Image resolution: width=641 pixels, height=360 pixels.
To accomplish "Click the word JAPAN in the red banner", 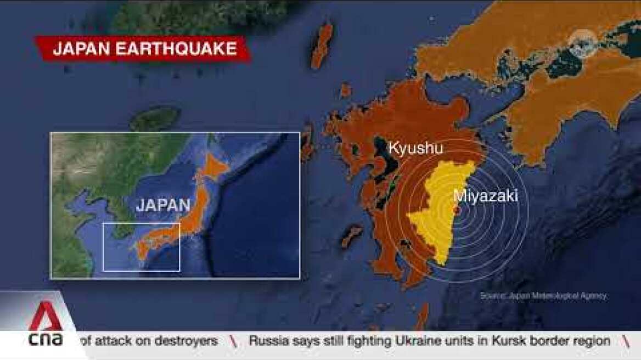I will coord(80,49).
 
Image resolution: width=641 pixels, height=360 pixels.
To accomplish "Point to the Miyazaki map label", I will coord(486,196).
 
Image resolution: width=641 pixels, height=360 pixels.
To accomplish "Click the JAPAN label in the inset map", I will coord(163,205).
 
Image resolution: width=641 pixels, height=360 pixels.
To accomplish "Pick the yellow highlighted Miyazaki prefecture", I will coord(439,220).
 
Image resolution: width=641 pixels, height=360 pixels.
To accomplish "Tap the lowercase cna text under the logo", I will coord(46,340).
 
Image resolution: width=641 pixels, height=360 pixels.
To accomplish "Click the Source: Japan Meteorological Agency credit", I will coord(543,296).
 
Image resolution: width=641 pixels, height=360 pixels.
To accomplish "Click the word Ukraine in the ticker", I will coord(415,341).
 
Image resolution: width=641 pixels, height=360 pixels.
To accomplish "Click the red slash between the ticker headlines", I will coord(233,341).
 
